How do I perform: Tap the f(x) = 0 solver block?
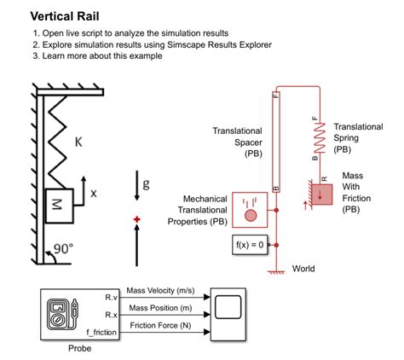tap(250, 246)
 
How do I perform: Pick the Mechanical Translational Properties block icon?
tap(251, 210)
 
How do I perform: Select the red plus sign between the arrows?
tap(136, 221)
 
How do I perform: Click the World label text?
tap(303, 269)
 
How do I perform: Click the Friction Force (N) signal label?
tap(160, 325)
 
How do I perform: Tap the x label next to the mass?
tap(94, 194)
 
